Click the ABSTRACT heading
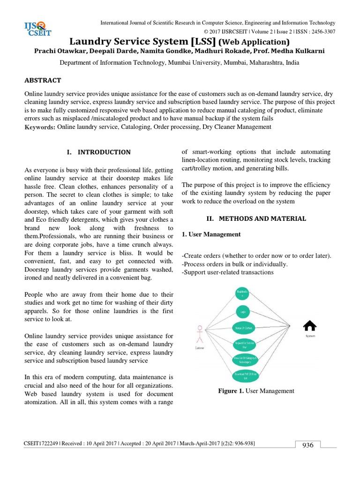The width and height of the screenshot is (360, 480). point(44,80)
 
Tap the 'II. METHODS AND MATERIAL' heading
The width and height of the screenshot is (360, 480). point(256,218)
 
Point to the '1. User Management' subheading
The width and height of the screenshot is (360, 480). point(211,234)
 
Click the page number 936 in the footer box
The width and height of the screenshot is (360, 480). point(307,445)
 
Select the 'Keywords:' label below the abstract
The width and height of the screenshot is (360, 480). point(40,127)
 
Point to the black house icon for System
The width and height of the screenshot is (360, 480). point(310,325)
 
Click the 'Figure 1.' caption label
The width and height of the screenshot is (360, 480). point(231,391)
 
